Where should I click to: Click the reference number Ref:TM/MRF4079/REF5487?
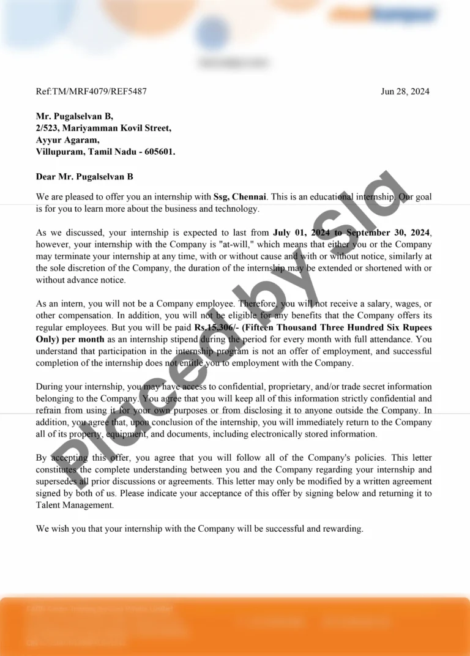(91, 92)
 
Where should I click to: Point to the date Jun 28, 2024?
(405, 92)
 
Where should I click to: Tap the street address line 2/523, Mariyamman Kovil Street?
(103, 128)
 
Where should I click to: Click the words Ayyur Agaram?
(67, 140)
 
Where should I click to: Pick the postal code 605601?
(159, 151)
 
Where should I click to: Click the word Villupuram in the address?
(60, 151)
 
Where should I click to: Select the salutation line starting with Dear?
(84, 177)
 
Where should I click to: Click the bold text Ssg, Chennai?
(240, 197)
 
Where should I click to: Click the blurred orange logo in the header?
(382, 15)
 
